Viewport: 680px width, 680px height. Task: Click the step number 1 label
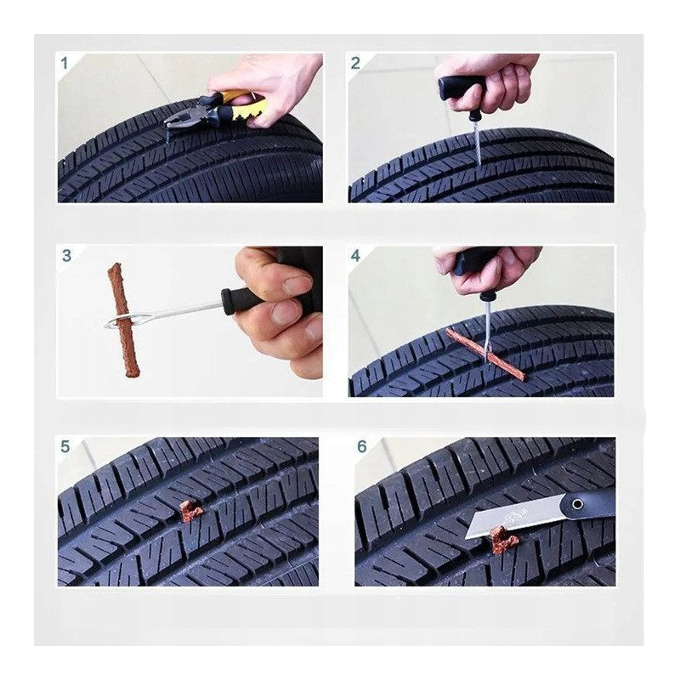click(x=65, y=63)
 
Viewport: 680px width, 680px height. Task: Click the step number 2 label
click(x=355, y=63)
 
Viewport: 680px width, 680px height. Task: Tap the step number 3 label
click(x=66, y=256)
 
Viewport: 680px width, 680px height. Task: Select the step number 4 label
click(x=355, y=256)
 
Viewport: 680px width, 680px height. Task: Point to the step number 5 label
click(x=65, y=446)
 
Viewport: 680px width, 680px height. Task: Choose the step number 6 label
click(x=362, y=446)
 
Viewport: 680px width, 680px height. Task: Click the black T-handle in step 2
click(x=461, y=88)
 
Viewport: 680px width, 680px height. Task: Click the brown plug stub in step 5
click(x=191, y=512)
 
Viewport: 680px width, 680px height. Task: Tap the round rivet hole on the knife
click(x=577, y=504)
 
